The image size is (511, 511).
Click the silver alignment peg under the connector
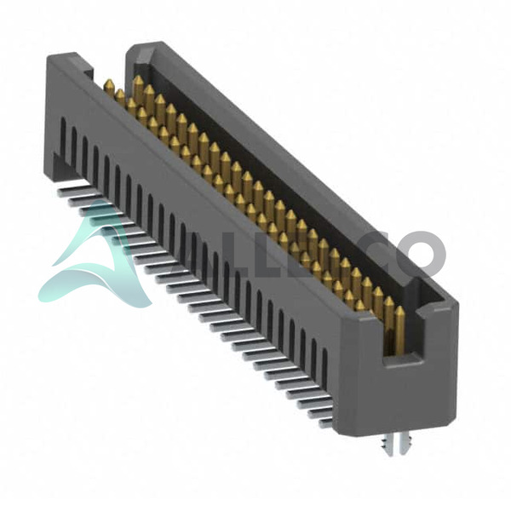[x=394, y=443]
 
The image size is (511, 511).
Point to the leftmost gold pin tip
[x=108, y=82]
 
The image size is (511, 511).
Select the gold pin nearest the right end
[x=399, y=329]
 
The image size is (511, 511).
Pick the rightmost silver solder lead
[x=325, y=422]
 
